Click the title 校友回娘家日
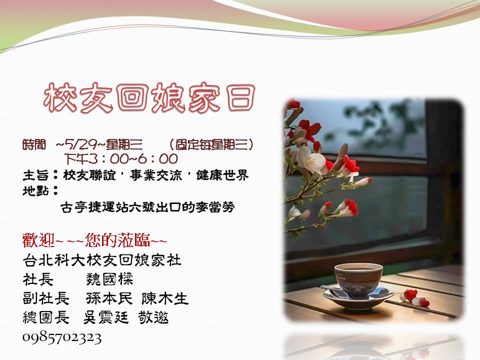click(149, 98)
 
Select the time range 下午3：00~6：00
click(121, 159)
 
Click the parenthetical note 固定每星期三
click(211, 144)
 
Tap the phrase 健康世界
click(222, 175)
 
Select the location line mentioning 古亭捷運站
click(147, 207)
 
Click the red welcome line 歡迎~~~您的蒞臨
click(94, 240)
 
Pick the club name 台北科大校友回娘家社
click(102, 260)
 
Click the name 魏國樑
click(109, 279)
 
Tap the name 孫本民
click(109, 298)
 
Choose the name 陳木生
click(164, 298)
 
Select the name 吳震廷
click(106, 317)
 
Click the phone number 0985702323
click(62, 338)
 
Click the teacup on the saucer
click(358, 280)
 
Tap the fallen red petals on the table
click(415, 298)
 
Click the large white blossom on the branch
click(310, 159)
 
